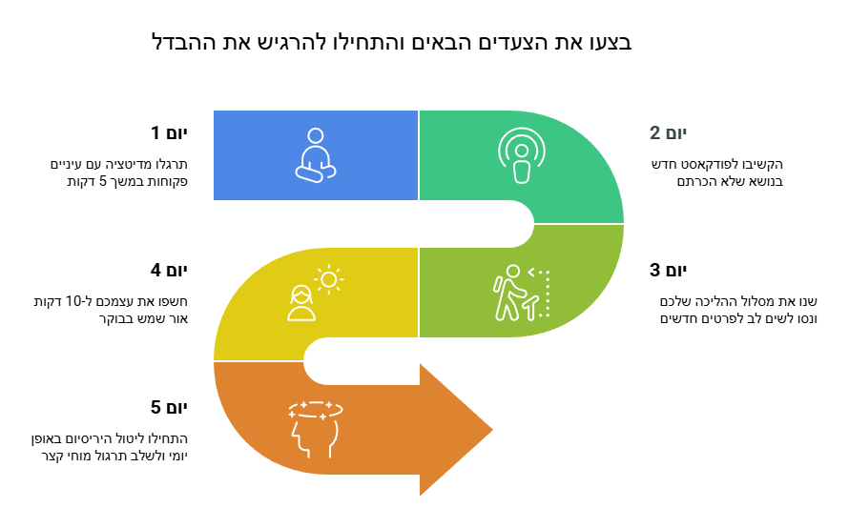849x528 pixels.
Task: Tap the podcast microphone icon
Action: (x=522, y=155)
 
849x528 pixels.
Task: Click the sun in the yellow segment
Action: (x=329, y=279)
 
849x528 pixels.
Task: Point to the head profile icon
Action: (x=315, y=430)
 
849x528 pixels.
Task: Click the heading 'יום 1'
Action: (x=169, y=132)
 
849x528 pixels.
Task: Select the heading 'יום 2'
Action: (x=668, y=132)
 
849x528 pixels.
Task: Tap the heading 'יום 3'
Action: (x=668, y=270)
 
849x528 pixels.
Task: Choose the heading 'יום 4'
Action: (x=169, y=270)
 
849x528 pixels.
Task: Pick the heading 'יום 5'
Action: (x=169, y=407)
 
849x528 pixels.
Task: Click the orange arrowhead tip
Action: (x=492, y=430)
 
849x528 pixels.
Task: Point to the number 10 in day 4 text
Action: (x=72, y=301)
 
